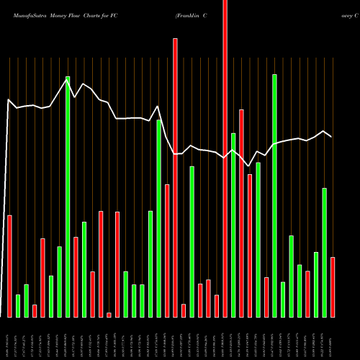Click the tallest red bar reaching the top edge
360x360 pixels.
click(x=225, y=158)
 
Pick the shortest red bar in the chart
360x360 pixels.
click(x=109, y=315)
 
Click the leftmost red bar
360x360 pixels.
click(x=9, y=266)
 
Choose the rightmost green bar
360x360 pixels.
click(x=324, y=252)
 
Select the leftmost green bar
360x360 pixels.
click(x=18, y=305)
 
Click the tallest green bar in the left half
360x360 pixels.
click(x=68, y=197)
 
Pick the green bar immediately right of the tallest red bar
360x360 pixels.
click(x=233, y=225)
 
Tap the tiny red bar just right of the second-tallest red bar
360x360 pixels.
click(x=184, y=310)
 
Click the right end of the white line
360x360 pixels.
click(x=332, y=137)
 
